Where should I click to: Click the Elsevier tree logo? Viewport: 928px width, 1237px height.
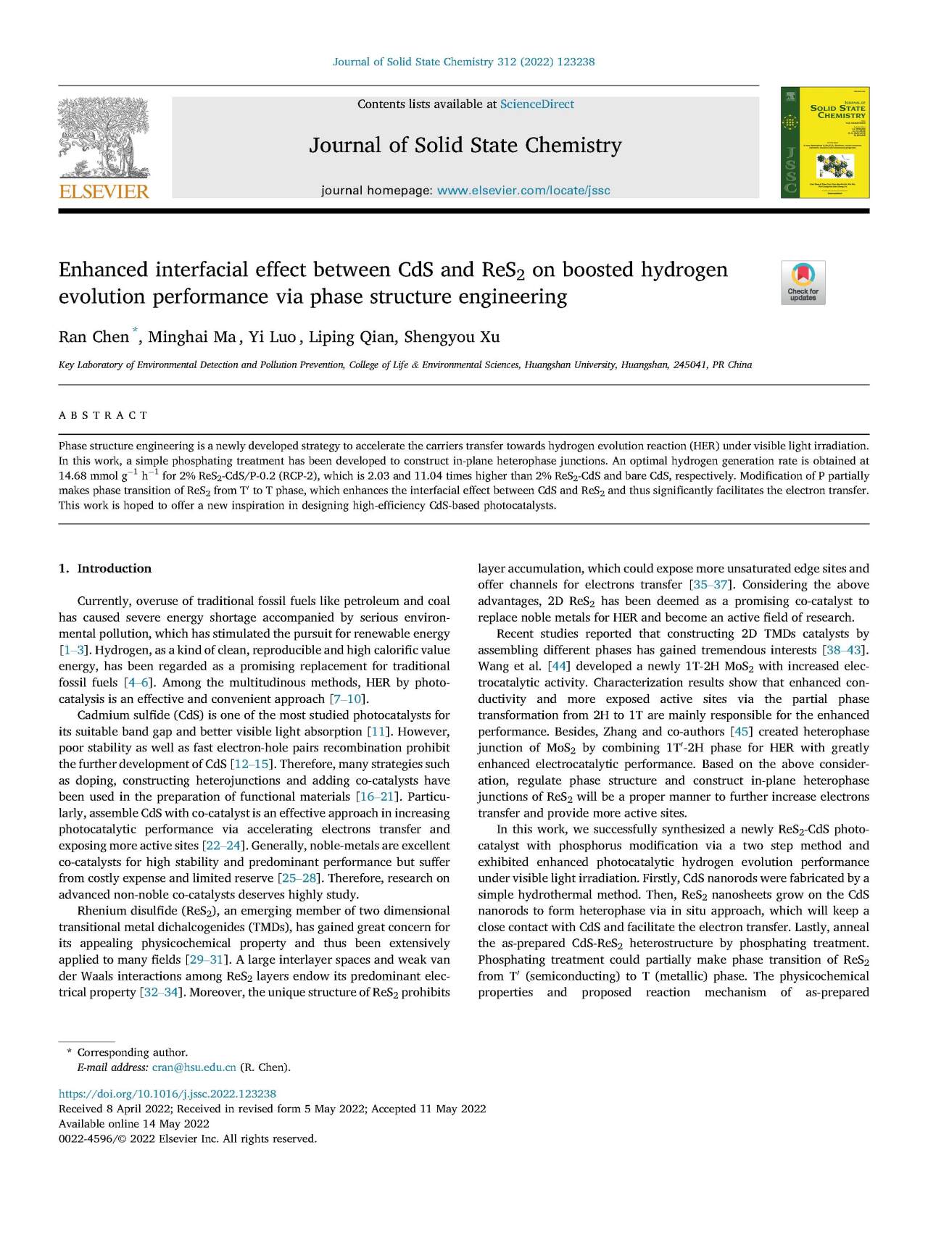pos(104,138)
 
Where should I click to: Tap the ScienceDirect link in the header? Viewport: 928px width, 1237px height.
pos(536,104)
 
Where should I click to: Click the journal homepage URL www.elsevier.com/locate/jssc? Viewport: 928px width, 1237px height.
pos(523,191)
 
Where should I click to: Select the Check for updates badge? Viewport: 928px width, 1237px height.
pos(803,283)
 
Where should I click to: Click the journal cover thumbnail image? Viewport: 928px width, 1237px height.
pos(824,143)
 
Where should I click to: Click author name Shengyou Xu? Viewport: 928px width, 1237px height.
pos(452,337)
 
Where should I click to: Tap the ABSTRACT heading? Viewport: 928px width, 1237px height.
pos(104,415)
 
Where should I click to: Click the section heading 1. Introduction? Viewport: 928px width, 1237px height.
pos(105,568)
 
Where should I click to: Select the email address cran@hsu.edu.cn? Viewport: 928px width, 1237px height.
pos(194,1067)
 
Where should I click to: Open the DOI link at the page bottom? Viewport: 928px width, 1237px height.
pos(167,1094)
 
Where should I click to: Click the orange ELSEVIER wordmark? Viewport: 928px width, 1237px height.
pos(104,191)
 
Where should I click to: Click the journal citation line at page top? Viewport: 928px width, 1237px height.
pos(463,62)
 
